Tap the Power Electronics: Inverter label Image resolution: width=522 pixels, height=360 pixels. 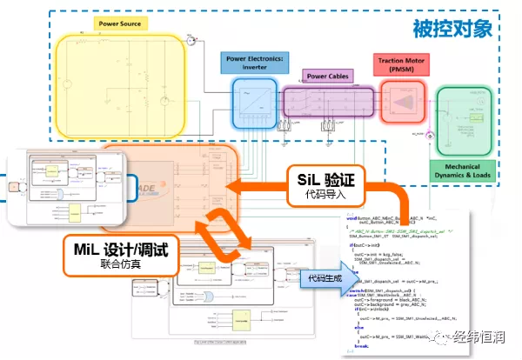coord(248,63)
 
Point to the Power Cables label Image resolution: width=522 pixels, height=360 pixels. coord(326,77)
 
